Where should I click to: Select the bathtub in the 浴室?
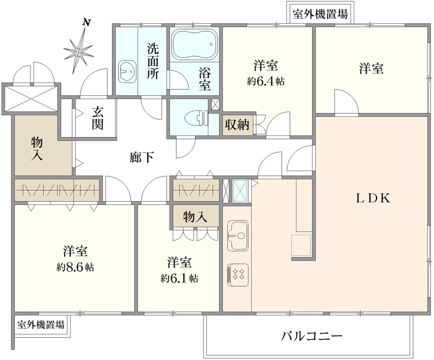coord(194,45)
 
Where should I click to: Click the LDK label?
coord(374,198)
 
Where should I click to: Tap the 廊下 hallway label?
coord(141,158)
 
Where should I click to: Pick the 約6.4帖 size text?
coord(266,81)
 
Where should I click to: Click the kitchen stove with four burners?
coord(237,274)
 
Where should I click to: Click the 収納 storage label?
coord(237,125)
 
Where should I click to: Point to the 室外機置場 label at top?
coord(320,14)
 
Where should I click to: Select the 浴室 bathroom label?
coord(205,79)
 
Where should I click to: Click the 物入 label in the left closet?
coord(37,149)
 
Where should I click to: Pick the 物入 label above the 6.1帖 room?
coord(194,217)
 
